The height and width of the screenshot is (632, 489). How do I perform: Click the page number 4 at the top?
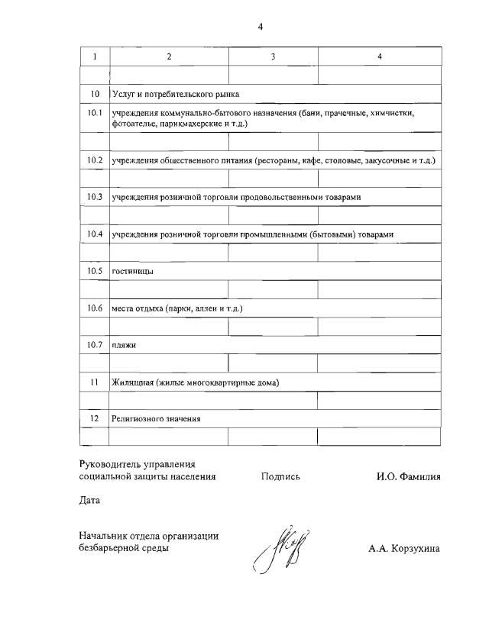(x=260, y=27)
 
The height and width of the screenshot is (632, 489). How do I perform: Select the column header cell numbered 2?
(x=169, y=56)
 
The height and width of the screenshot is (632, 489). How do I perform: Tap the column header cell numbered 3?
(x=273, y=56)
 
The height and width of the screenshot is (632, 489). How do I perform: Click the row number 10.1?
(x=95, y=114)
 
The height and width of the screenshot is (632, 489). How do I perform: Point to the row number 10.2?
(x=95, y=160)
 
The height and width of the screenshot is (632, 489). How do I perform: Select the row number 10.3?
(x=95, y=197)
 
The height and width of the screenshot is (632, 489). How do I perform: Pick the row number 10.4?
(x=95, y=234)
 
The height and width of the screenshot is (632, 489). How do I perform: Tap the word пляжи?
(x=123, y=345)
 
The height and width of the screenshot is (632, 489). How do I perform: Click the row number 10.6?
(x=95, y=308)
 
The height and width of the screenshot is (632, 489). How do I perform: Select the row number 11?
(x=95, y=382)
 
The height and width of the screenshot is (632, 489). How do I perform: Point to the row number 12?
(x=95, y=418)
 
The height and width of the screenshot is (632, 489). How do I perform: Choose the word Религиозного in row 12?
(x=138, y=418)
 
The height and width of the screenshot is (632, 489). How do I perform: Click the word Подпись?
(x=280, y=476)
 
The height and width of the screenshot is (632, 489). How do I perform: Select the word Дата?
(x=89, y=501)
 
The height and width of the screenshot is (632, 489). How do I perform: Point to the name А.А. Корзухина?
(x=403, y=548)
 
